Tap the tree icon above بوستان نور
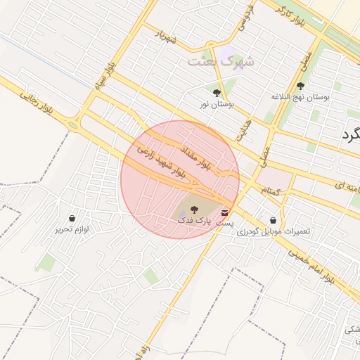(x=216, y=92)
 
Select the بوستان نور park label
(x=217, y=104)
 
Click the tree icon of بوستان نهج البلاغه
(x=300, y=85)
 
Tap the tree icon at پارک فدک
(x=194, y=209)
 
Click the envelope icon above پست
(x=224, y=212)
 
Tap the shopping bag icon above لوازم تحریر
(x=72, y=218)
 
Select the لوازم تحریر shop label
(x=72, y=229)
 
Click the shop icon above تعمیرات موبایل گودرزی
(x=273, y=220)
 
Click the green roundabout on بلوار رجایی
(x=72, y=125)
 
